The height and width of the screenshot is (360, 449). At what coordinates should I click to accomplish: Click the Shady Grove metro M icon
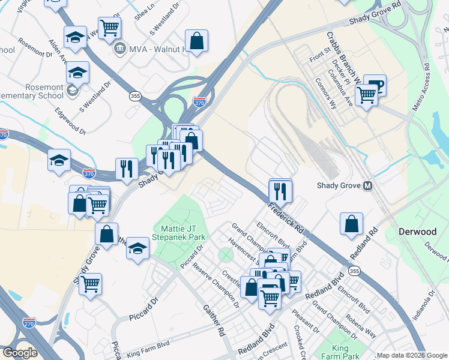pos(368,186)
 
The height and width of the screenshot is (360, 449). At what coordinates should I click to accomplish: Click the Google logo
pos(20,353)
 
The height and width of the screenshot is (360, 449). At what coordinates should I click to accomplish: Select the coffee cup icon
pos(375,85)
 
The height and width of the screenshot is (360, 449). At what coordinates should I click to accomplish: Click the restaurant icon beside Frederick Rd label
pos(280,191)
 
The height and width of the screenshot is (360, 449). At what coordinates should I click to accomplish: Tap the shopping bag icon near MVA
pos(196,41)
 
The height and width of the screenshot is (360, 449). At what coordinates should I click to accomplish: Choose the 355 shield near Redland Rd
pos(355,272)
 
